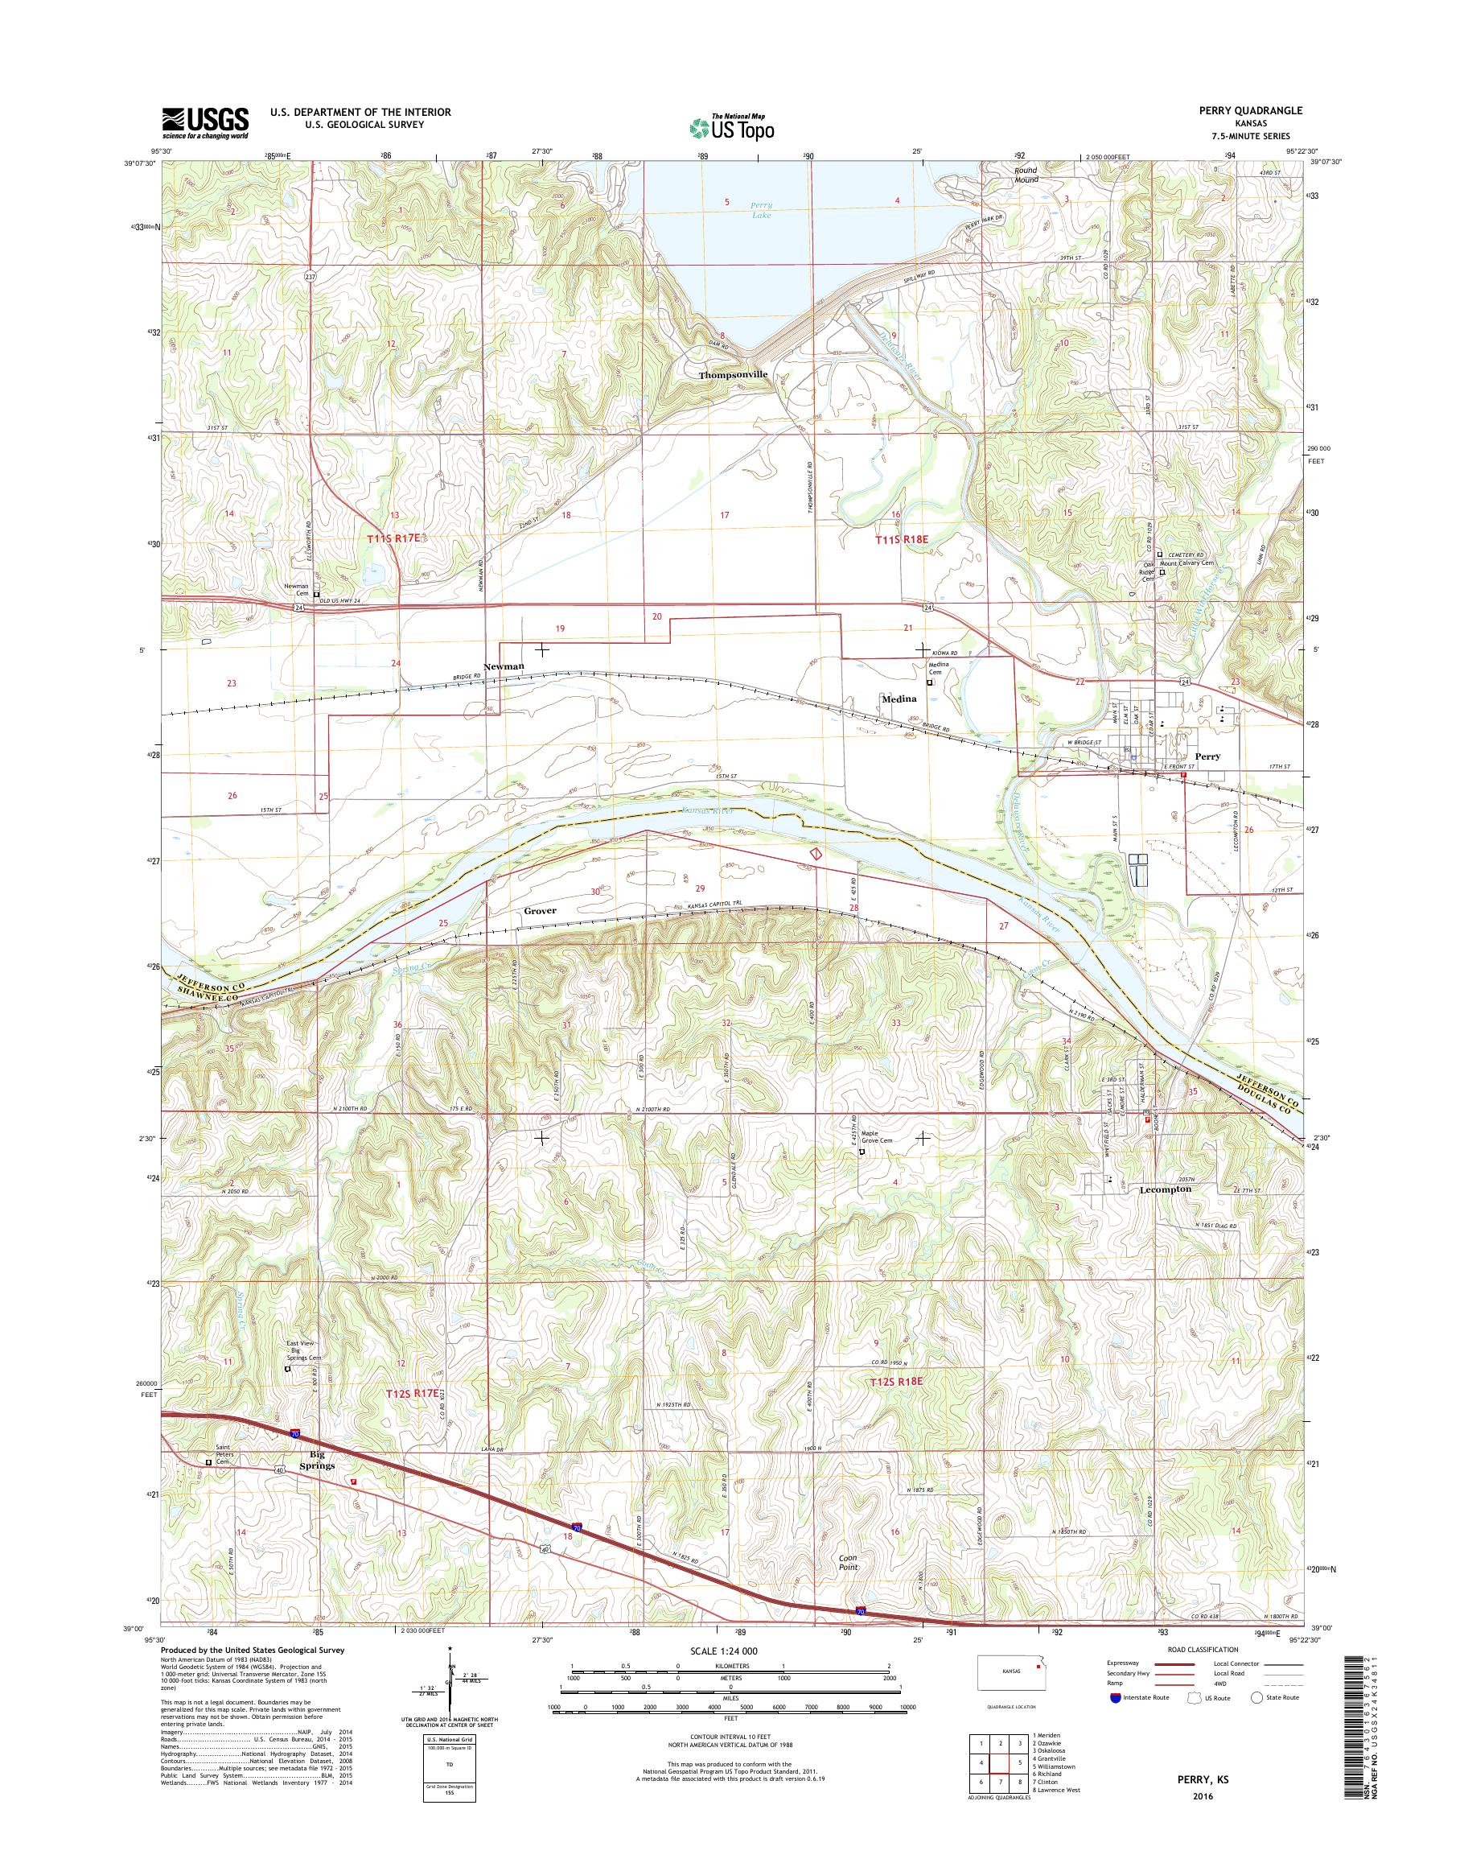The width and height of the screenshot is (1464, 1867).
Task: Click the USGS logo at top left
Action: coord(206,122)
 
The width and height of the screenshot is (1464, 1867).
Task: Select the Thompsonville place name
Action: coord(732,375)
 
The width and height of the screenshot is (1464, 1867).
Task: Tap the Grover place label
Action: coord(540,911)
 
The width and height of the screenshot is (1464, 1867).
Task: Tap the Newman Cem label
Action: coord(297,590)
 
